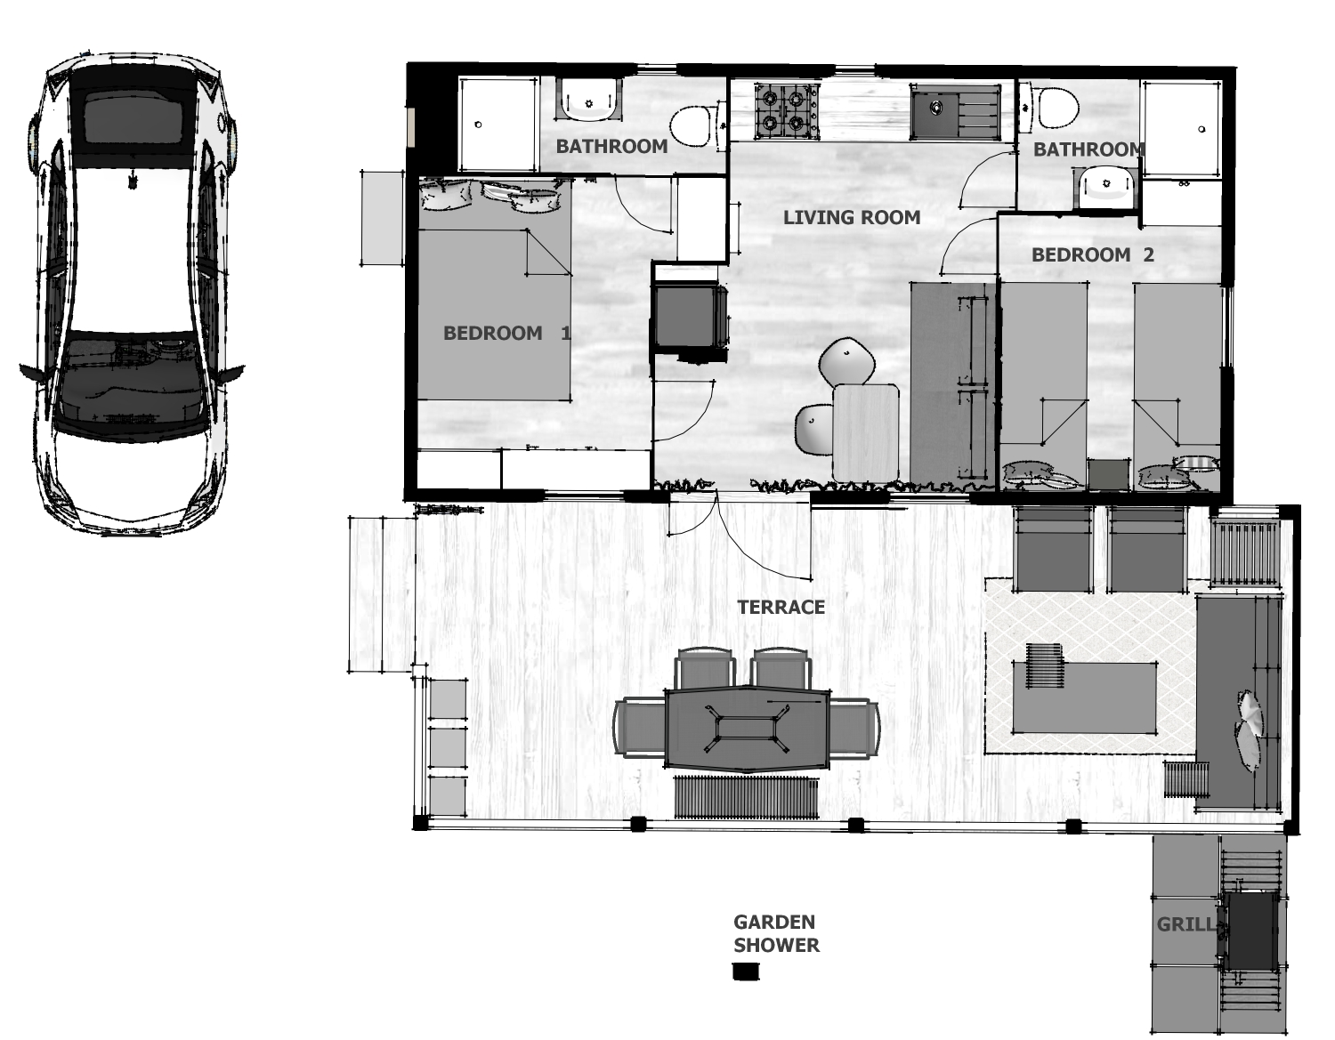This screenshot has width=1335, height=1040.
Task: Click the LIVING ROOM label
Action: pyautogui.click(x=852, y=217)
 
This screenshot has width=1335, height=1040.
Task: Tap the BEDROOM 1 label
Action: pyautogui.click(x=506, y=334)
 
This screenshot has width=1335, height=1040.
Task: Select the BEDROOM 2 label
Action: pyautogui.click(x=1092, y=254)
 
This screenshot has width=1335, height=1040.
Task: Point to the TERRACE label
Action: pyautogui.click(x=781, y=607)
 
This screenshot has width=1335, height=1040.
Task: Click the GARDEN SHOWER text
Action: pyautogui.click(x=777, y=934)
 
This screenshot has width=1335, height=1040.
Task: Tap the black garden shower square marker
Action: pyautogui.click(x=747, y=971)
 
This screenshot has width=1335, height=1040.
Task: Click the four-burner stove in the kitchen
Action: pyautogui.click(x=787, y=111)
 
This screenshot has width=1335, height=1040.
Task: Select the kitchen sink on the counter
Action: pyautogui.click(x=953, y=113)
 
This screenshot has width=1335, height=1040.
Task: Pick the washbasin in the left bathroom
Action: pyautogui.click(x=589, y=99)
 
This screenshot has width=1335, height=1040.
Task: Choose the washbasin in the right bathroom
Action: pyautogui.click(x=1107, y=188)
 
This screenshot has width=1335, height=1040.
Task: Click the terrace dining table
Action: pyautogui.click(x=747, y=728)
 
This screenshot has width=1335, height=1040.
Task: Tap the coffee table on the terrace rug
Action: pyautogui.click(x=1084, y=697)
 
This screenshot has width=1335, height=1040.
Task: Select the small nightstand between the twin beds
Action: pyautogui.click(x=1108, y=474)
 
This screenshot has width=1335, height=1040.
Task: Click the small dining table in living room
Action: pyautogui.click(x=866, y=433)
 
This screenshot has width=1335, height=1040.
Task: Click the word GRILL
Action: pyautogui.click(x=1185, y=924)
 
